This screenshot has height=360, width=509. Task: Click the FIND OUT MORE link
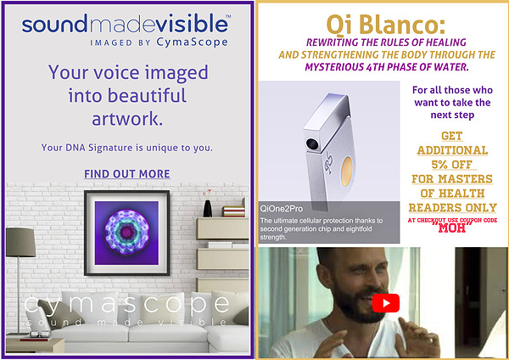(x=127, y=174)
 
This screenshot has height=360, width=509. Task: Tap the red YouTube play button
(x=386, y=303)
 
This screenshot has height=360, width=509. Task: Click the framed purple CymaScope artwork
(x=127, y=233)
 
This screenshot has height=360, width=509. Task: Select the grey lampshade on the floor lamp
(x=20, y=242)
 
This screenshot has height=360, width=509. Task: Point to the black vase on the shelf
(x=208, y=208)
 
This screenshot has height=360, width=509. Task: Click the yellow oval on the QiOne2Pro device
(x=347, y=172)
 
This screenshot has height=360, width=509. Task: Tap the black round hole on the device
(x=312, y=143)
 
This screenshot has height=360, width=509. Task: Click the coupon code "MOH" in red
(x=452, y=228)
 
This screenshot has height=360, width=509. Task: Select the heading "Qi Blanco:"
(x=386, y=25)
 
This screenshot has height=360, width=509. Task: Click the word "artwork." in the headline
(x=127, y=119)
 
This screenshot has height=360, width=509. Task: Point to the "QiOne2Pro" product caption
(x=282, y=209)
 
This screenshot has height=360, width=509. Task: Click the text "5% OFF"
(x=452, y=165)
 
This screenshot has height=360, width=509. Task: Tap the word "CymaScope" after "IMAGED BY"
(x=192, y=42)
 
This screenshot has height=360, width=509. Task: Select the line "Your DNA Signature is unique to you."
(x=127, y=148)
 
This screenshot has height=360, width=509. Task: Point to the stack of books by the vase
(x=233, y=211)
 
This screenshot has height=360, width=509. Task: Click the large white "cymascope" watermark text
(x=127, y=304)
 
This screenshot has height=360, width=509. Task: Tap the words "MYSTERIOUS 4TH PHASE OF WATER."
(x=387, y=67)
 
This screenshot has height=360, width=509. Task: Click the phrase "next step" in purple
(x=452, y=115)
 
